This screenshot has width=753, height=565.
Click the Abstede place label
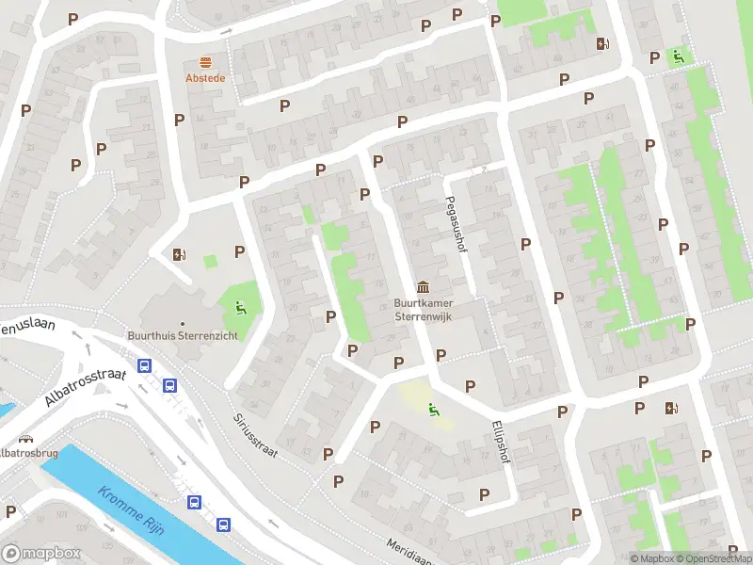[x=205, y=78]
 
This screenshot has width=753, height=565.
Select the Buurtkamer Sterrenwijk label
[x=424, y=310]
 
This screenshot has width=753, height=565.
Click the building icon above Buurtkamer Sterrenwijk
[x=424, y=286]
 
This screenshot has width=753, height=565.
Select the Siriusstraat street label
[x=255, y=434]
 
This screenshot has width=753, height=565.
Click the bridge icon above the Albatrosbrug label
[x=25, y=438]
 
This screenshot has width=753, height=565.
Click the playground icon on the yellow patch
[x=433, y=409]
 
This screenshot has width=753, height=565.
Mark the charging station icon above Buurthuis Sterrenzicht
[x=179, y=253]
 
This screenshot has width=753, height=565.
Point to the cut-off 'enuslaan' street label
[x=28, y=329]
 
